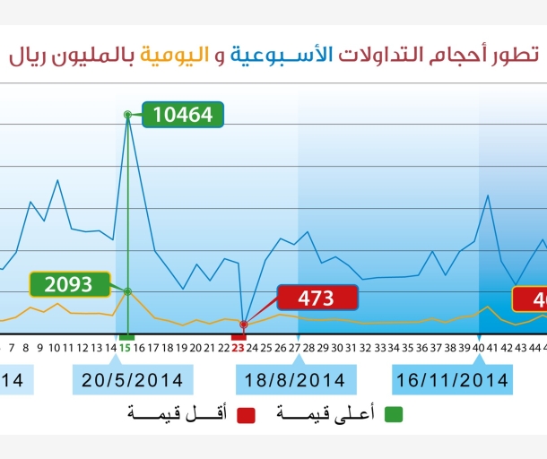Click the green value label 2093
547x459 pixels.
[69, 284]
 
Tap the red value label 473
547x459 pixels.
[317, 298]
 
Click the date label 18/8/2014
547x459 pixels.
[296, 380]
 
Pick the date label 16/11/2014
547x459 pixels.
[452, 380]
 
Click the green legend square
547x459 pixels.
[394, 413]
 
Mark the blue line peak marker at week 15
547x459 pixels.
[128, 115]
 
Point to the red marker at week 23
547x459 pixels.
[243, 324]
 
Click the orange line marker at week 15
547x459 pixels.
[128, 291]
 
